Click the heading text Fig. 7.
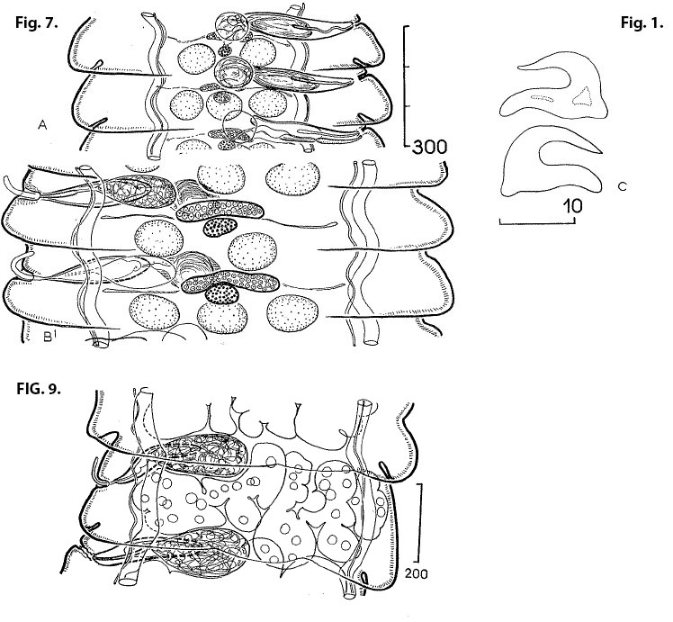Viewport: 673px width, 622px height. [37, 23]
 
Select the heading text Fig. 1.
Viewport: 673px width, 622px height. [642, 23]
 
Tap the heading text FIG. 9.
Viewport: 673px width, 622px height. [39, 389]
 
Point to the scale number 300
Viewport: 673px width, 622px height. [429, 148]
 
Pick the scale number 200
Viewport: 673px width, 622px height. [416, 573]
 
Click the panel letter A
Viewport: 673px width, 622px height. [42, 125]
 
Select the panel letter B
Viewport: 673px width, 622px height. [47, 338]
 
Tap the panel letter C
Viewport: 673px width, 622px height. [623, 186]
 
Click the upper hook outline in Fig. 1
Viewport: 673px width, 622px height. [553, 85]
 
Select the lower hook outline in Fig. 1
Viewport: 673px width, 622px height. [552, 160]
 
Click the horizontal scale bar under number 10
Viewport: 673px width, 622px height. [537, 221]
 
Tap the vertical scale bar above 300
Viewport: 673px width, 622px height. [407, 86]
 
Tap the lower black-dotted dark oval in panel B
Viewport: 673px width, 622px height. [222, 294]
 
